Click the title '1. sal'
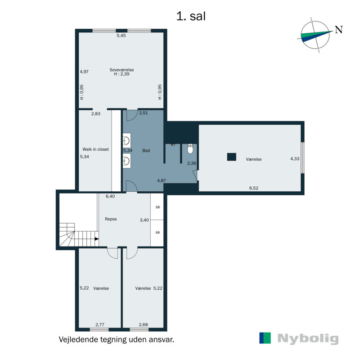point(191,16)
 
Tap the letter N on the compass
point(339,30)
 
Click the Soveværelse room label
point(121,70)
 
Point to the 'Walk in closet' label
point(95,149)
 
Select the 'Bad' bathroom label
point(146,151)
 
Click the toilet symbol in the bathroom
point(190,149)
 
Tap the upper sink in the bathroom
point(126,140)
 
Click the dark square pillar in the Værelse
point(231,157)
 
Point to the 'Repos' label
point(111,219)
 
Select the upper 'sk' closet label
point(158,207)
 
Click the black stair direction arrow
point(97,239)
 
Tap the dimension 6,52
point(254,188)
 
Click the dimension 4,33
point(295,159)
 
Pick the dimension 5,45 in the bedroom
point(121,36)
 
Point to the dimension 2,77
point(100,324)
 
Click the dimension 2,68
point(143,324)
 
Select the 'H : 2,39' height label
point(121,74)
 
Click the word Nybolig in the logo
point(308,339)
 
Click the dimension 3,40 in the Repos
point(144,220)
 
